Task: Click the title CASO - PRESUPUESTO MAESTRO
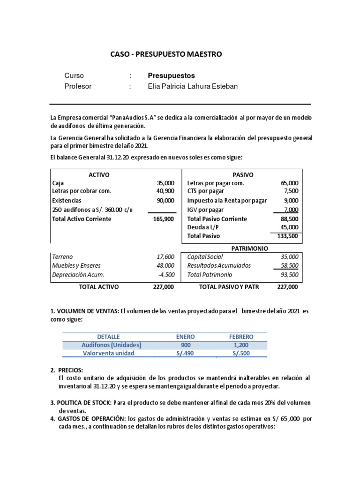tap(166, 54)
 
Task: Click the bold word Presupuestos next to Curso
tap(171, 75)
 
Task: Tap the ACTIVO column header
tap(99, 174)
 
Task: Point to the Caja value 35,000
tap(165, 183)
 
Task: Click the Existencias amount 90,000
tap(165, 200)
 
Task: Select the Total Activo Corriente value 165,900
tap(164, 219)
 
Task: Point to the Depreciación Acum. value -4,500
tap(166, 275)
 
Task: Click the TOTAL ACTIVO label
tap(99, 287)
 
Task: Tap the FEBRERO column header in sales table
tap(241, 337)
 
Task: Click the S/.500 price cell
tap(241, 353)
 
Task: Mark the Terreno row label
tap(63, 257)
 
